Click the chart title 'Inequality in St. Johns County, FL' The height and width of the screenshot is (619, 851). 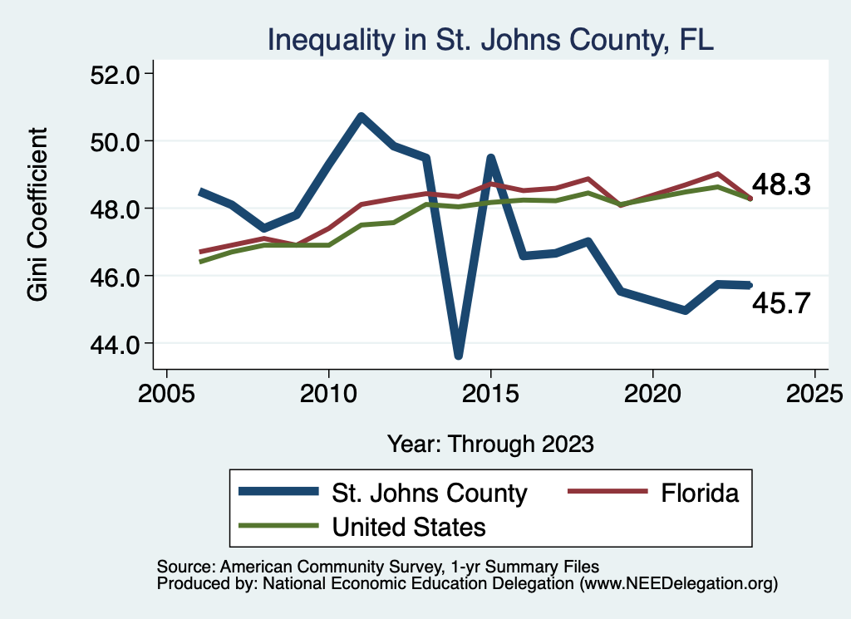click(x=490, y=40)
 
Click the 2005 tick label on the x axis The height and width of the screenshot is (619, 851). click(x=166, y=393)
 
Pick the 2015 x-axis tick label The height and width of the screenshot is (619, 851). click(x=490, y=393)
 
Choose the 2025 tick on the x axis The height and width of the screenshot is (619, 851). click(x=814, y=393)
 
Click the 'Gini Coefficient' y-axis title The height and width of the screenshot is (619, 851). click(x=38, y=214)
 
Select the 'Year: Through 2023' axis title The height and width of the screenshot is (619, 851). click(x=490, y=444)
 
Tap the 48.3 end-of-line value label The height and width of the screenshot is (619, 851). click(x=781, y=184)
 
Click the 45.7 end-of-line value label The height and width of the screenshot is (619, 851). click(x=781, y=304)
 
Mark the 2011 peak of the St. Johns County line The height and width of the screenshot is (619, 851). click(x=361, y=117)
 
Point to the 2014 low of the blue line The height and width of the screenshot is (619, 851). click(x=458, y=355)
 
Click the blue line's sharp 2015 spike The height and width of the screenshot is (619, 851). click(x=490, y=158)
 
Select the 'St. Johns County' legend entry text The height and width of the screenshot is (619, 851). click(x=429, y=493)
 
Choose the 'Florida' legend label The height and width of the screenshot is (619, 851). click(x=700, y=493)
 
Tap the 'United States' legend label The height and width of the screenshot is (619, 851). click(x=409, y=526)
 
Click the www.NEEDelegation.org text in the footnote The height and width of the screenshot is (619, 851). click(x=679, y=584)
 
